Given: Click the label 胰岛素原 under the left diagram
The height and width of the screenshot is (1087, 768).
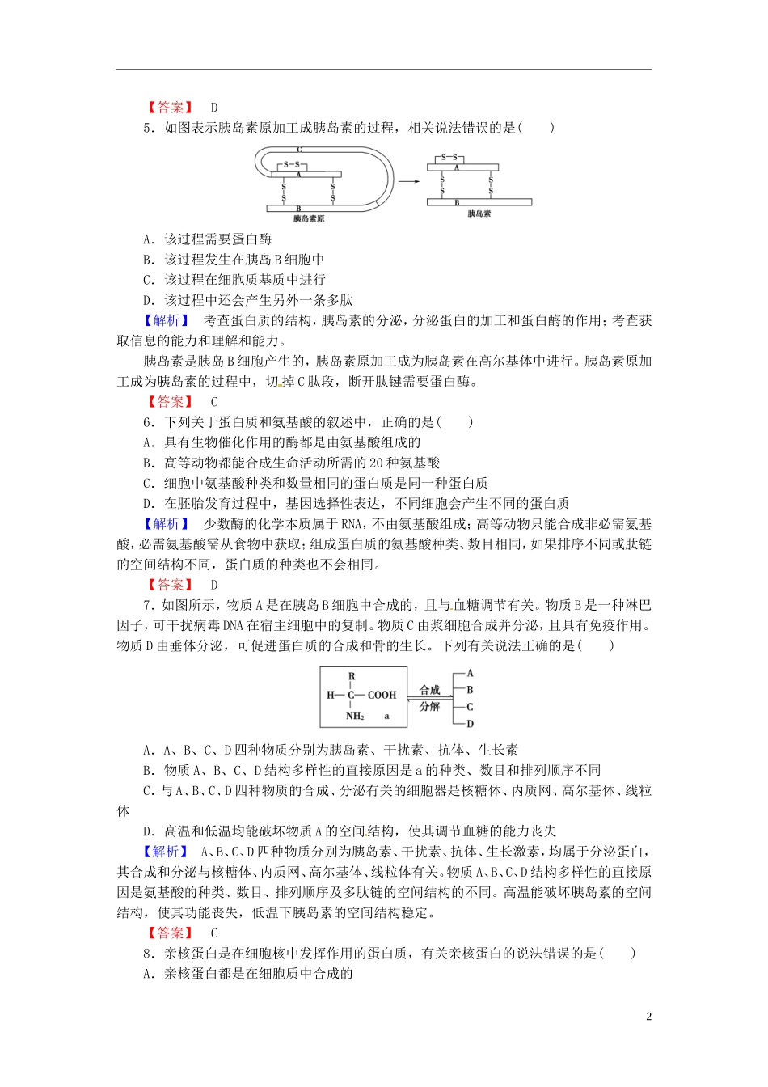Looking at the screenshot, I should coord(309,218).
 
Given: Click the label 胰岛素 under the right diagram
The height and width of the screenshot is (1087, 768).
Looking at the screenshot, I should coord(479,214).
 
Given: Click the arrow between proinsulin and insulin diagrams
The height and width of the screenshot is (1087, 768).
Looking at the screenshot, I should coord(409,182).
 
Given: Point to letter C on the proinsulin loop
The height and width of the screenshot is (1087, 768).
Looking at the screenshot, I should coord(298,150).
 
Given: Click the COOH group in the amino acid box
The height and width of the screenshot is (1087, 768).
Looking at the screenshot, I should coord(382,695).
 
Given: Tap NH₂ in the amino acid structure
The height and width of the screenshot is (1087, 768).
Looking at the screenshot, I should coord(355,716).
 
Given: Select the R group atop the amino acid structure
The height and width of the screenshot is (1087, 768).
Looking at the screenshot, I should coord(352,676).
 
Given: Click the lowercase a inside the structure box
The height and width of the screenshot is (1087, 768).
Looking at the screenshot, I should coord(386,716).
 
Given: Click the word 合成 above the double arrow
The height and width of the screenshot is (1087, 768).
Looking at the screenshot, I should coord(430,690).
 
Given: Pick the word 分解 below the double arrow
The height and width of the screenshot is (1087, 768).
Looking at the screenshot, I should coord(430,707).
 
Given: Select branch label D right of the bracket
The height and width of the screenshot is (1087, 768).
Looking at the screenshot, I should coord(471,724).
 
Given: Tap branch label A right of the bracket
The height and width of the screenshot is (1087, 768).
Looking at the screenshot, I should coord(471,673).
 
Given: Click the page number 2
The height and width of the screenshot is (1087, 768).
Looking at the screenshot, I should coord(648,1017).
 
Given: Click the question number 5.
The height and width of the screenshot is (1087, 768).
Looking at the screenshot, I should coord(147,128).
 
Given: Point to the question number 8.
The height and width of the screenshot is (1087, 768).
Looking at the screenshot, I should coord(147,954).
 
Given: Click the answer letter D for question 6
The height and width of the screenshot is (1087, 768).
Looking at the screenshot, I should coord(214,585).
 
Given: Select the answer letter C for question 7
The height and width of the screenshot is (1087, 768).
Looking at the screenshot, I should coord(214,933).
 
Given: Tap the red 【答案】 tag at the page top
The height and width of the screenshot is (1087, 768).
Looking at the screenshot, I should coord(170,108).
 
